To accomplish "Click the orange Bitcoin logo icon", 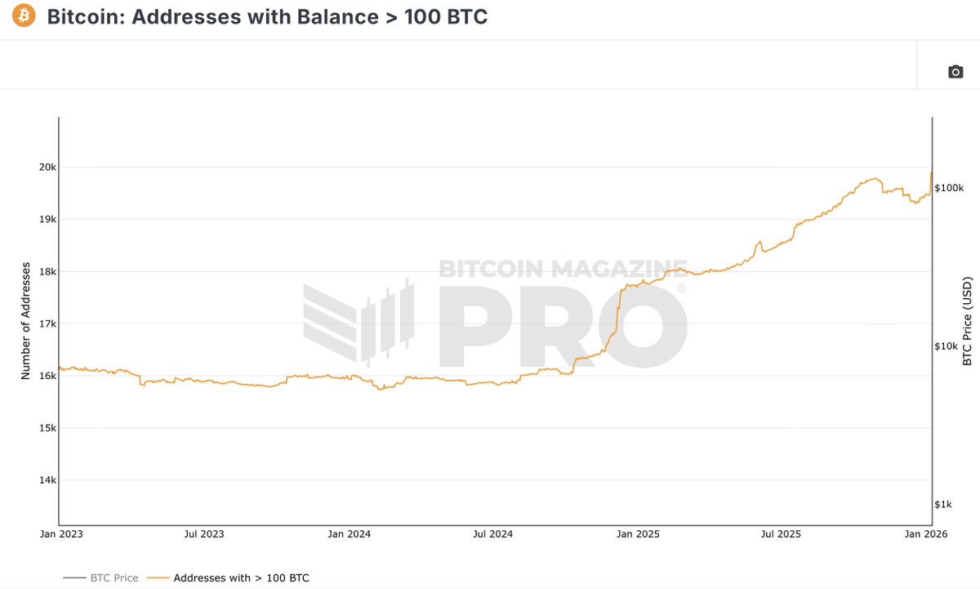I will point(24,16).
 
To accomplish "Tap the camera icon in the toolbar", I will point(955,72).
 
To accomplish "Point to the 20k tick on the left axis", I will point(46,167).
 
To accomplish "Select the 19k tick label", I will point(46,220).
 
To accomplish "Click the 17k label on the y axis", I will point(46,324).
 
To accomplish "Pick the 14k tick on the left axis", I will point(46,480).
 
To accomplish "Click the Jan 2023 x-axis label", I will point(60,534).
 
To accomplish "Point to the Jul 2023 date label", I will point(203,534).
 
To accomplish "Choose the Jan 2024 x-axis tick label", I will point(349,534).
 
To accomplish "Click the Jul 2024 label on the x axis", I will point(493,534).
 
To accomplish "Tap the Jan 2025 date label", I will point(639,534).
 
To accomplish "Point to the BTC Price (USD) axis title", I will point(968,322).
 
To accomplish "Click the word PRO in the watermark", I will point(563,325).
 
